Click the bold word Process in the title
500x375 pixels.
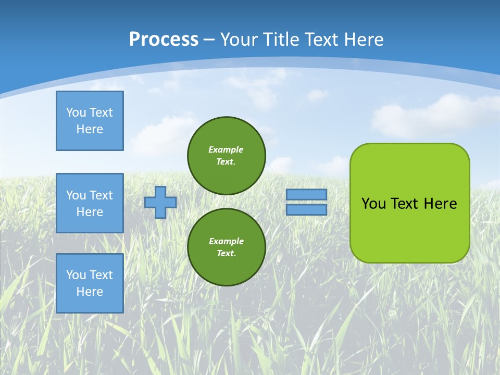pos(164,40)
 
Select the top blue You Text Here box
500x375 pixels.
pos(90,121)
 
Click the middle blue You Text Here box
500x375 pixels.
pos(90,203)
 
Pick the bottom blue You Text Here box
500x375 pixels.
pos(90,283)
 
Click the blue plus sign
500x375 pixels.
pos(160,202)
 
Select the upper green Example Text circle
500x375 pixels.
pos(226,155)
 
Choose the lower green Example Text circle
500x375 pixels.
pos(226,247)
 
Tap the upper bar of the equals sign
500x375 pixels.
pos(307,194)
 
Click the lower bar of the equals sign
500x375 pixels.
pos(307,210)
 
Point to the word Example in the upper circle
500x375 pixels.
pos(226,149)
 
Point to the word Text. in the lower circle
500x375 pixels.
pos(226,254)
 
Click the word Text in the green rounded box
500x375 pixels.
pos(404,204)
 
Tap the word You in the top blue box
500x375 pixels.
pos(76,113)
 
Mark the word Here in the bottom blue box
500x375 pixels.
pos(90,292)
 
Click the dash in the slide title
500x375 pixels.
pos(209,40)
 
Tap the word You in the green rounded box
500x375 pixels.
pos(373,204)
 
